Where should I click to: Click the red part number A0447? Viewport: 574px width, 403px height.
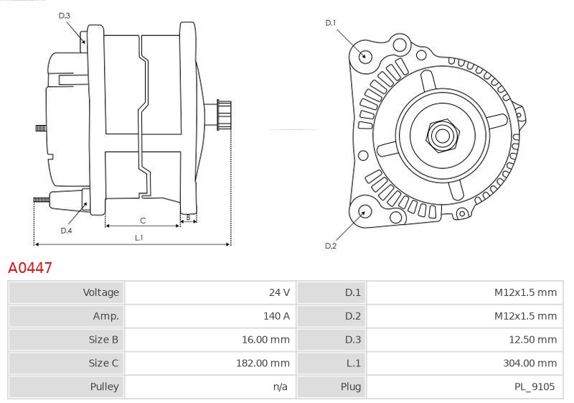click(x=29, y=268)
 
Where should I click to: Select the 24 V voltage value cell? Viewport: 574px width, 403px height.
click(x=278, y=292)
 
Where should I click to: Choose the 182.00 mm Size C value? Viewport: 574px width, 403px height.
click(x=263, y=363)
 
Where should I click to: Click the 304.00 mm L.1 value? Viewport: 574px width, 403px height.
click(x=530, y=363)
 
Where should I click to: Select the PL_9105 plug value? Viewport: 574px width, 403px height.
click(x=535, y=386)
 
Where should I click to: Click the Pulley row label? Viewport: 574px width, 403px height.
click(x=105, y=386)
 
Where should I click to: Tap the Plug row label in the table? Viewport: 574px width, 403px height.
click(x=351, y=386)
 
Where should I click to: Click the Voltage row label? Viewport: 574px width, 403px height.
click(x=101, y=292)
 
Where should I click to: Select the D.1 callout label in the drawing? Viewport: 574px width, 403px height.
click(x=330, y=23)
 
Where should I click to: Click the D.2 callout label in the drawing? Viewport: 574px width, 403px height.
click(x=330, y=246)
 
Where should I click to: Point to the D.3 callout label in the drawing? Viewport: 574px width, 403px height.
click(x=65, y=15)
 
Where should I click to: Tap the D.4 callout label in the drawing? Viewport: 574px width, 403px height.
click(x=66, y=231)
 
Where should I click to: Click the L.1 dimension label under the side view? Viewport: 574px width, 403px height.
click(x=138, y=237)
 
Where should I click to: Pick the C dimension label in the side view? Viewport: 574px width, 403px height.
click(x=143, y=220)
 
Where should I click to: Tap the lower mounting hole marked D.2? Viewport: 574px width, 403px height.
click(x=365, y=211)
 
